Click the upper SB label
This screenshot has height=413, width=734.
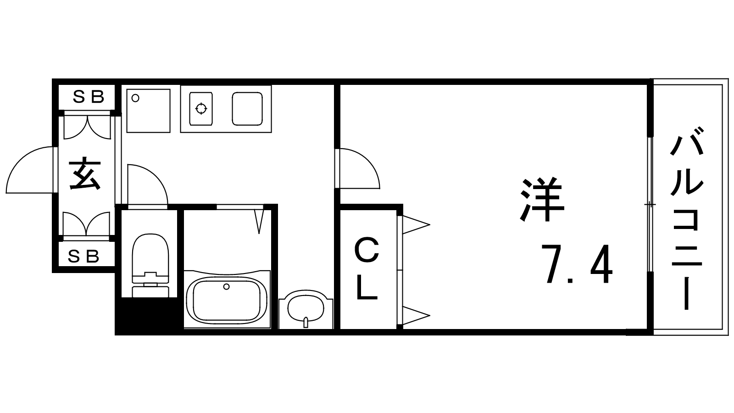pos(89,97)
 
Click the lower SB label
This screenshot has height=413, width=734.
pos(83,256)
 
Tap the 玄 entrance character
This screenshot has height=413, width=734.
pos(85,174)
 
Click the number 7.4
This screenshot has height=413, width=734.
pos(577,265)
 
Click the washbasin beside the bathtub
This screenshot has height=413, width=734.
pos(306,308)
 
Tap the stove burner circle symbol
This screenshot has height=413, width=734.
pos(201,109)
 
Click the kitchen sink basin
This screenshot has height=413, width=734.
pos(247,109)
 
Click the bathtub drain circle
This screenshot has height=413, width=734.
pos(226,287)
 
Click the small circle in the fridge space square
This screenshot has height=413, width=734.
pos(135,98)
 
